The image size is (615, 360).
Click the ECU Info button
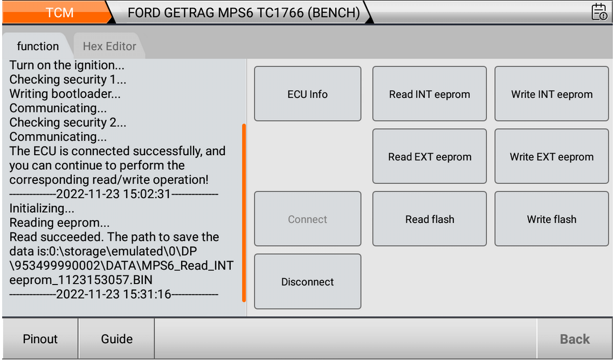click(x=307, y=94)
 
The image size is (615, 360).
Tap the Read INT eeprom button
click(x=430, y=94)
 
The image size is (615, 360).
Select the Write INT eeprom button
click(x=551, y=94)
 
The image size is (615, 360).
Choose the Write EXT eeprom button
click(x=551, y=156)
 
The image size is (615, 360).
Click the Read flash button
click(x=430, y=219)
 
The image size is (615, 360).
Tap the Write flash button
click(x=551, y=219)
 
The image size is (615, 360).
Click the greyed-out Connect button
click(x=307, y=219)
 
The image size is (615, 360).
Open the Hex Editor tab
click(x=109, y=46)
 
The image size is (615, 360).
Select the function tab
click(x=38, y=46)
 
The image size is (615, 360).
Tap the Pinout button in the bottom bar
click(x=40, y=339)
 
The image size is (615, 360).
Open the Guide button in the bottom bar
click(x=116, y=339)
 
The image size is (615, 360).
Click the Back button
click(x=575, y=339)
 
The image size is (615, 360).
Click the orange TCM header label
click(x=60, y=12)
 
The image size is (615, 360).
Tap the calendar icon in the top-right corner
click(x=599, y=12)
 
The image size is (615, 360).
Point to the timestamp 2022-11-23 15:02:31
click(x=114, y=193)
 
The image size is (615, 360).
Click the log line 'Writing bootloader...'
click(x=65, y=94)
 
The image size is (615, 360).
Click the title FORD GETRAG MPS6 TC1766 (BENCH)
click(x=244, y=12)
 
